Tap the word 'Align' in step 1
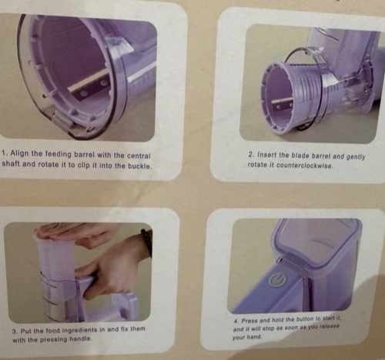point(20,154)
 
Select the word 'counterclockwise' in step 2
point(304,165)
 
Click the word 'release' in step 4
point(330,327)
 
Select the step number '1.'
point(5,153)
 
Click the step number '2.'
point(252,155)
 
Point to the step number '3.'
point(15,332)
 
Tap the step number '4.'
point(236,322)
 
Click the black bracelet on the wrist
point(146,241)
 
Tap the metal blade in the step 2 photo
point(283,104)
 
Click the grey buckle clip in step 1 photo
point(63,121)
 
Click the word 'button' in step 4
point(305,319)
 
